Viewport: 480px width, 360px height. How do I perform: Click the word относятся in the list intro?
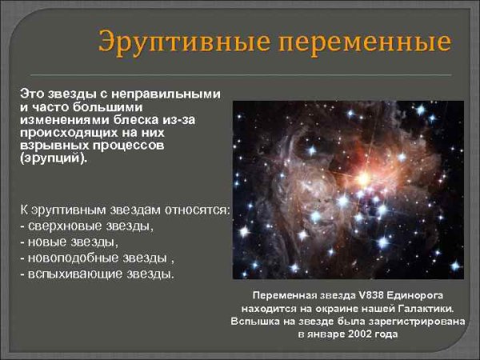tap(196, 209)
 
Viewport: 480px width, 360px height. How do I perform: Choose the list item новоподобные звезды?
tap(97, 258)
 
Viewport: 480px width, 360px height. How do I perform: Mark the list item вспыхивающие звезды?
tap(97, 274)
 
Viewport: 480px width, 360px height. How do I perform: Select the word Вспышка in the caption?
tap(255, 322)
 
